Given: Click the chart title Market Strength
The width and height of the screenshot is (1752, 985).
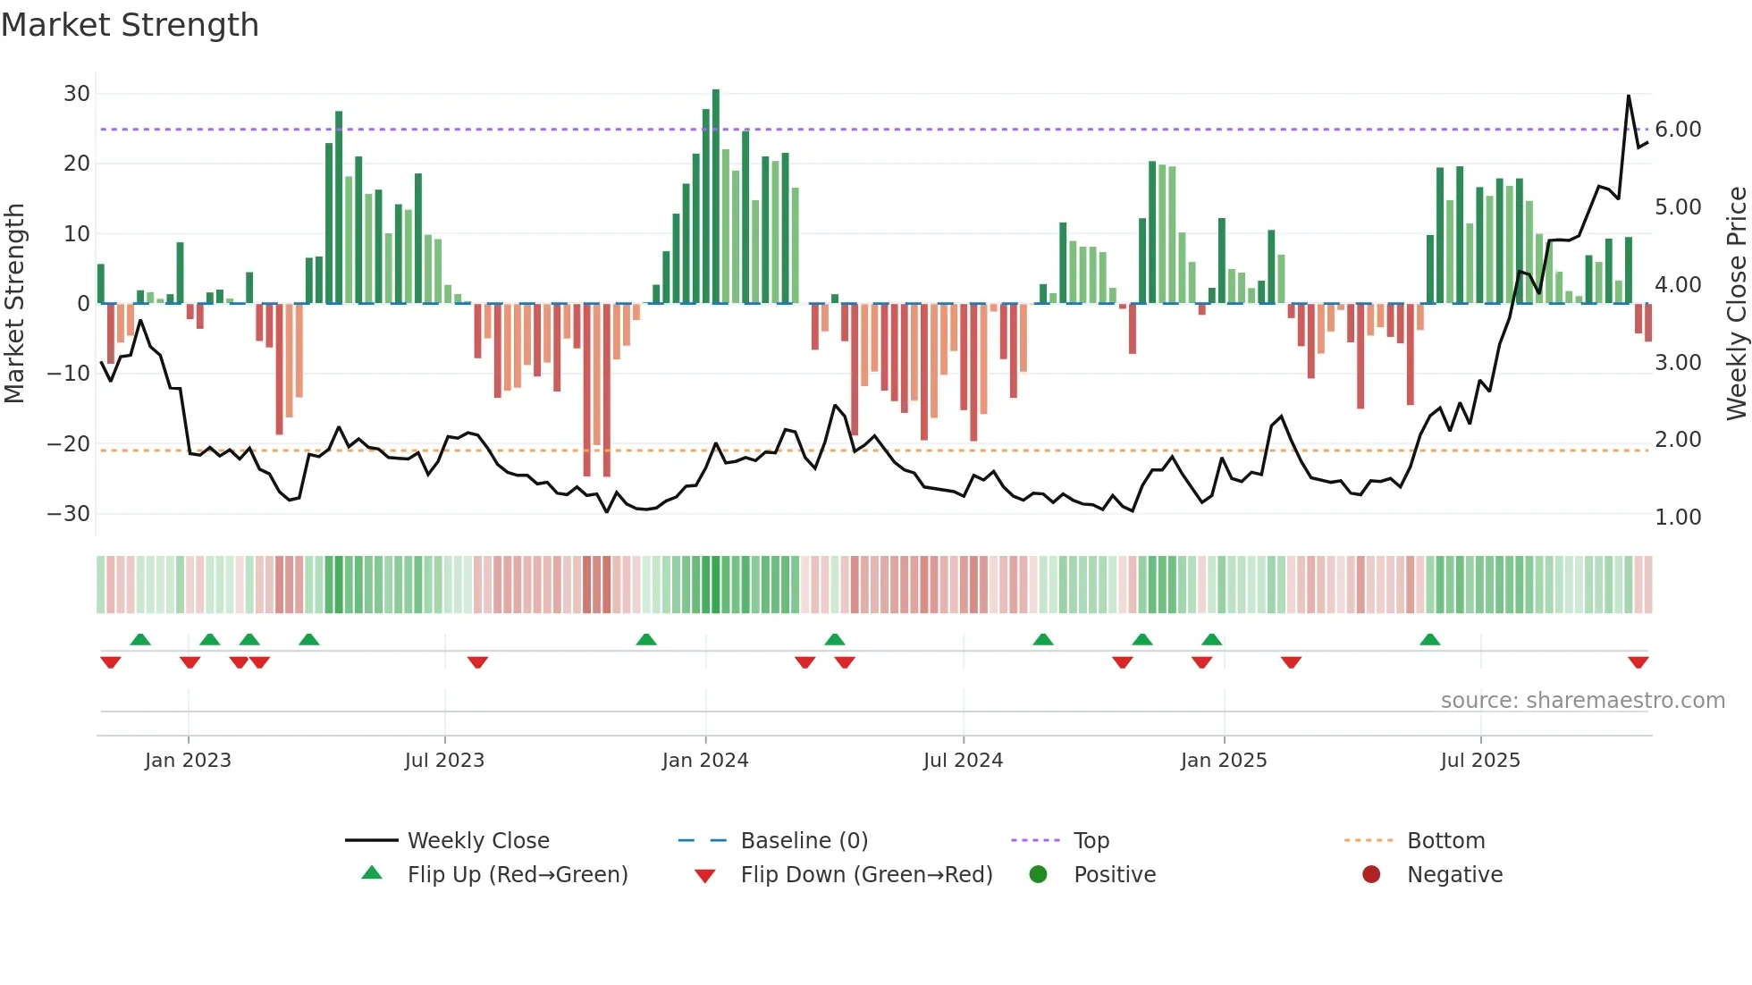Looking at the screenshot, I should coord(130,25).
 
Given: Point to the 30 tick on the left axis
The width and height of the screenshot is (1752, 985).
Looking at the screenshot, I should coord(77,94).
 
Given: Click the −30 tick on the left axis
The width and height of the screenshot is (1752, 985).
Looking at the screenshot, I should coord(69,514).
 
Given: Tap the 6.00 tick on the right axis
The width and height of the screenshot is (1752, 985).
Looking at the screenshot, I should coord(1678,130).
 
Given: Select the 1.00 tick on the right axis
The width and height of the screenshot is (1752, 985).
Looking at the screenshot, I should coord(1678,518).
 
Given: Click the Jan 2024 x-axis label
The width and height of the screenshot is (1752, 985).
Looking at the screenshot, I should coord(705,761).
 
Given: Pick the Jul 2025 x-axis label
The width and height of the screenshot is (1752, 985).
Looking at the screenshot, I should coord(1480,761).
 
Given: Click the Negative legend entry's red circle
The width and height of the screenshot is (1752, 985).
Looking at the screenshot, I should coord(1371,874).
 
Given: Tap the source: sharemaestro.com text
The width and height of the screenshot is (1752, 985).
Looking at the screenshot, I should coord(1582,701).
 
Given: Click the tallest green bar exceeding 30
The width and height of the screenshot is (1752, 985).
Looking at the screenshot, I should coord(716,197).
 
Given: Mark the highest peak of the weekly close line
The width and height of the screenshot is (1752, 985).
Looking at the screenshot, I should coord(1629,96).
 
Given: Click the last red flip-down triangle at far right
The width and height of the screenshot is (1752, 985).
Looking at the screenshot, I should coord(1638,662).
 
